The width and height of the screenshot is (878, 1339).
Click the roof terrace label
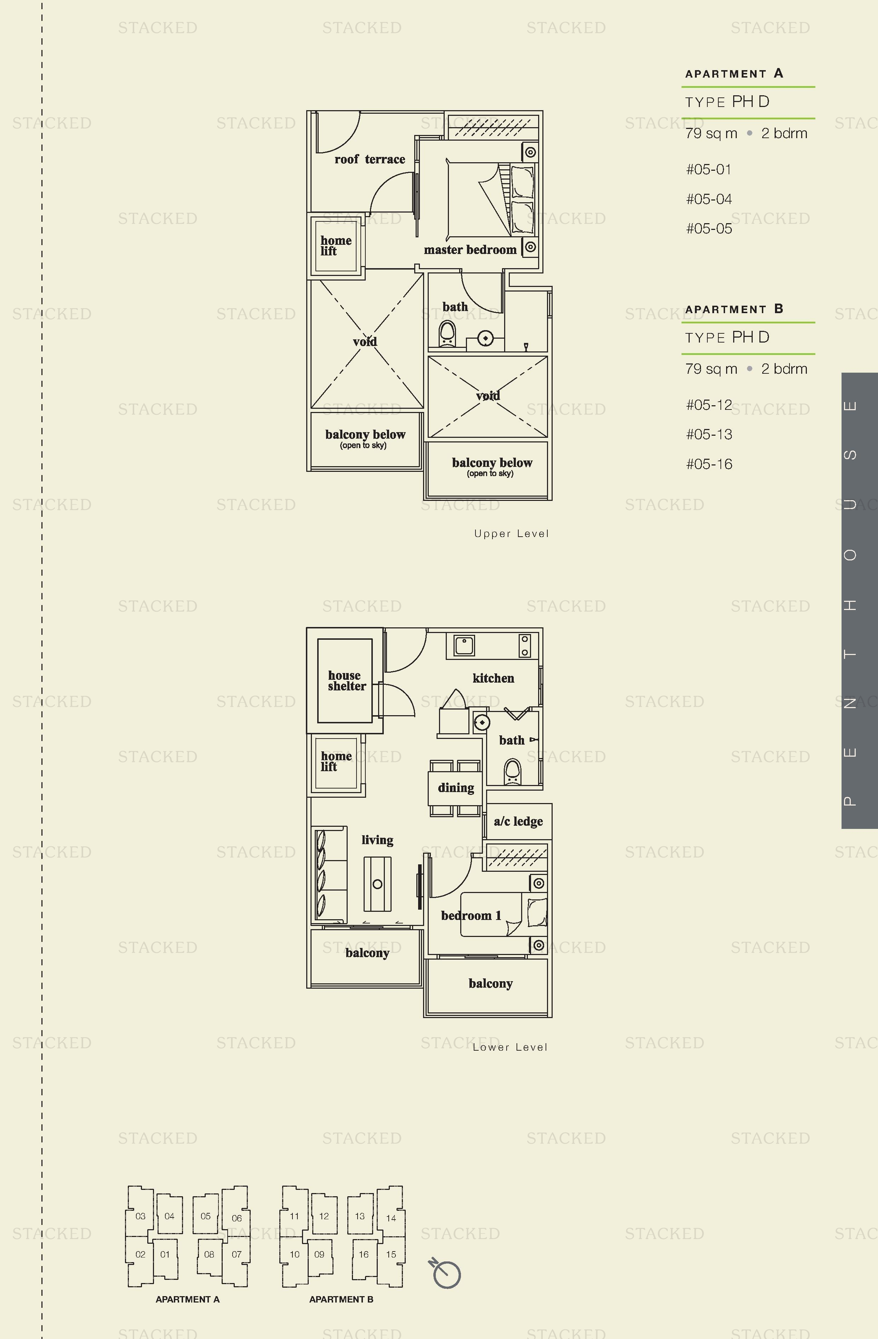370,159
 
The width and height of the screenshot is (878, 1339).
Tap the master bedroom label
470,250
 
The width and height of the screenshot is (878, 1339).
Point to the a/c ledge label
518,821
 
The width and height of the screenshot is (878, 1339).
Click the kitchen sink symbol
464,645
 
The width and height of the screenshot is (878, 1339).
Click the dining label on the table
456,788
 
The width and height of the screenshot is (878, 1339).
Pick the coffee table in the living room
377,884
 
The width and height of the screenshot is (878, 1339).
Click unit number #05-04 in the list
709,199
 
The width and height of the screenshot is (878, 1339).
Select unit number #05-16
709,464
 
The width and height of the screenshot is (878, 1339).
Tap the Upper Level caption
511,533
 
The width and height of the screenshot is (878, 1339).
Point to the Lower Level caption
509,1047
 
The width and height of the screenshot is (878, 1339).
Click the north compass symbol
446,1273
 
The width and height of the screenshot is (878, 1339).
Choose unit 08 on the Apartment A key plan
209,1254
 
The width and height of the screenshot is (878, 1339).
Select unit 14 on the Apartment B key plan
391,1218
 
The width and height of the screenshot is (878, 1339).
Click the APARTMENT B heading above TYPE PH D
734,309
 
